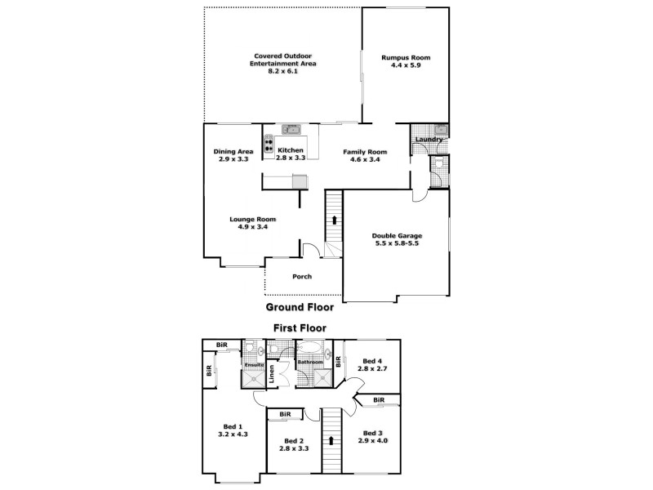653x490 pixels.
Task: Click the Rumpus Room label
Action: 406,58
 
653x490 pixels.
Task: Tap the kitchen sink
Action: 291,129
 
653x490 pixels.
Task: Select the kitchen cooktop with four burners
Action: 269,145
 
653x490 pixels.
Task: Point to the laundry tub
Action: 440,129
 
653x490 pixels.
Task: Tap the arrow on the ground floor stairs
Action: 333,219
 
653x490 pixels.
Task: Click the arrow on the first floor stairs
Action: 331,440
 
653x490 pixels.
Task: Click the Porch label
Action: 302,277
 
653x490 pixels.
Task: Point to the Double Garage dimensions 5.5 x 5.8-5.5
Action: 396,243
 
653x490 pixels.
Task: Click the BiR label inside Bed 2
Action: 285,415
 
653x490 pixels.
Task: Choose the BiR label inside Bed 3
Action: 379,400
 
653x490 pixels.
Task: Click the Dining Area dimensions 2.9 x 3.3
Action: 233,159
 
